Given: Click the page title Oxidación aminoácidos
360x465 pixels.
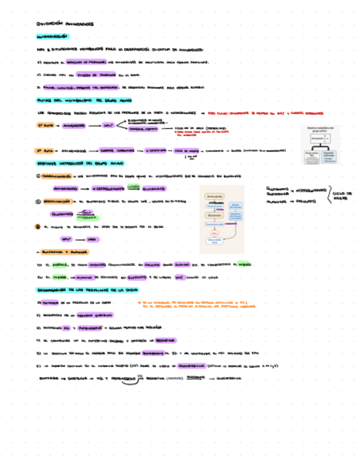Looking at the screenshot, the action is (x=65, y=24).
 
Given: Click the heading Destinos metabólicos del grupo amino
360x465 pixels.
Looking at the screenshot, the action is (x=80, y=163).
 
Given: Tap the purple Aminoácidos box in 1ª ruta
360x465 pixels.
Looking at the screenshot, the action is (x=73, y=126).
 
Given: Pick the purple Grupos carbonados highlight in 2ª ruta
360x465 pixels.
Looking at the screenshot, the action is (x=113, y=151).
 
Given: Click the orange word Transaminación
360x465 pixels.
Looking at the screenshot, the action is (x=58, y=176).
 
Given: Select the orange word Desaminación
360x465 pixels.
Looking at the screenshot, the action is (x=57, y=201).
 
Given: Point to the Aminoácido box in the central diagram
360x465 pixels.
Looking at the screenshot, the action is (x=216, y=196).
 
